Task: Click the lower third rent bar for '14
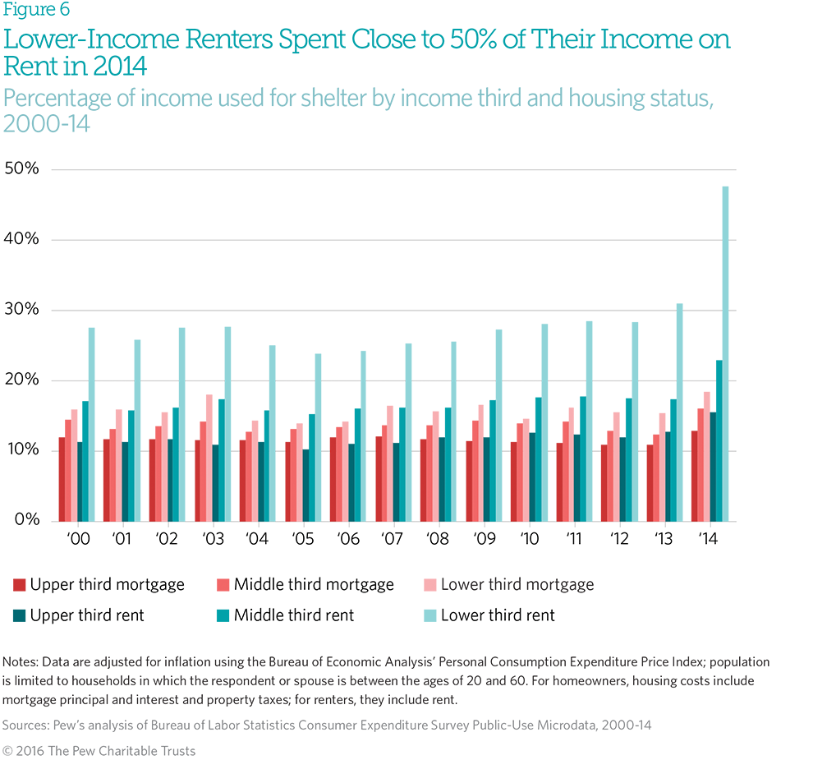pos(725,354)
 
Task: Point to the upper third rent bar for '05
pos(305,486)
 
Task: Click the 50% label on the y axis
pos(21,169)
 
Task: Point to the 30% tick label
pos(21,310)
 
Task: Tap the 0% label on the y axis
pos(26,520)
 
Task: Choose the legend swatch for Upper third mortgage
pos(18,586)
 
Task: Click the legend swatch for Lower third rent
pos(429,615)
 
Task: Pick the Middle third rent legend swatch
pos(222,615)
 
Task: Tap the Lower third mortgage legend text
pos(517,585)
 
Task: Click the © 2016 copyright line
pos(99,750)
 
